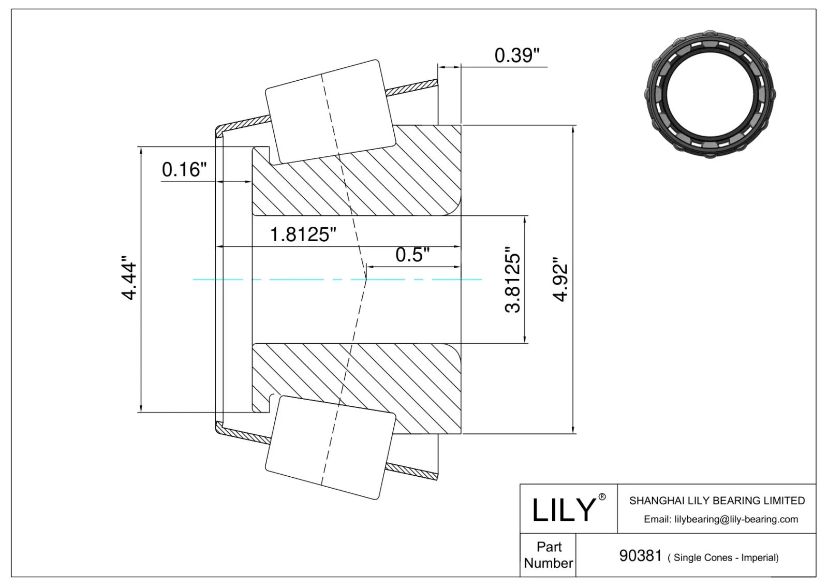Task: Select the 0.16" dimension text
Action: [184, 169]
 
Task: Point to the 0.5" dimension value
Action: [412, 255]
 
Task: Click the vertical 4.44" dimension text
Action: [128, 281]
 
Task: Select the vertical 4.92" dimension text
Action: [560, 280]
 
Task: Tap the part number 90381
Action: [640, 556]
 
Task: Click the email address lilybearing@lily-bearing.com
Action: [720, 519]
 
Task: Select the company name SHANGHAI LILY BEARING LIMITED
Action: [717, 501]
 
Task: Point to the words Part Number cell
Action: [548, 555]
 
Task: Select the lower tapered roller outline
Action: [330, 448]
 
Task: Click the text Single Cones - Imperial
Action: [723, 558]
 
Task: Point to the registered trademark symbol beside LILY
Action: [602, 497]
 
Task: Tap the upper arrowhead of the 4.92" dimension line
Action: [573, 129]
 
